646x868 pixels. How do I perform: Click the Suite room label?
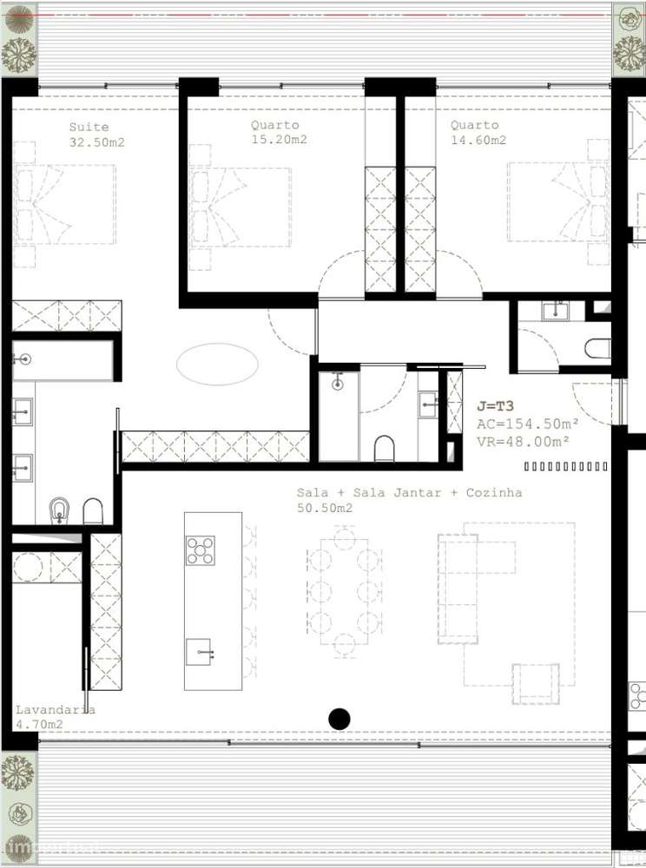[89, 127]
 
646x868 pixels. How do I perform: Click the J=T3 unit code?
[496, 405]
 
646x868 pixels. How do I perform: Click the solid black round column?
[339, 719]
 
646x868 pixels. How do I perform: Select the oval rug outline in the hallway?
[217, 364]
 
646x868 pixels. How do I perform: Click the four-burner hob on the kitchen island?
[200, 550]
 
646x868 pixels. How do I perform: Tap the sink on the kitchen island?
[199, 652]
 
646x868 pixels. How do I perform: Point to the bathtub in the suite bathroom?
[63, 360]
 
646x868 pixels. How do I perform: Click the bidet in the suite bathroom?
[59, 510]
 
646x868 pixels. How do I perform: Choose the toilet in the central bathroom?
[384, 448]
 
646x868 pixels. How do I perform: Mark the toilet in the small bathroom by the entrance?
[598, 349]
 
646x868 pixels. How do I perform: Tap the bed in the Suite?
[65, 204]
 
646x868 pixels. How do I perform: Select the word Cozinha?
[493, 492]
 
